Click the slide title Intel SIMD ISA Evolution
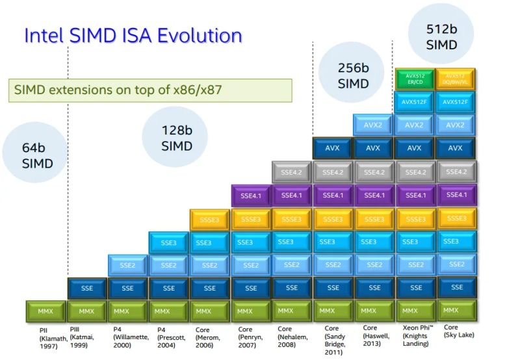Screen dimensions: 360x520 (133, 35)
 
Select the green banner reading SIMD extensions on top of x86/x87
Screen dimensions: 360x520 (150, 89)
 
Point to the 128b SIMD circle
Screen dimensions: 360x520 (177, 138)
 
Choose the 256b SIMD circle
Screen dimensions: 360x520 (353, 75)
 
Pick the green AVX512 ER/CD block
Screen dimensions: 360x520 (414, 79)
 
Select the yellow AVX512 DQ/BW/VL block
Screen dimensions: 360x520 (455, 79)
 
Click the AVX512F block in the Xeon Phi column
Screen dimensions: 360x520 (414, 102)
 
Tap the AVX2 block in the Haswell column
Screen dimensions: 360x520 (373, 125)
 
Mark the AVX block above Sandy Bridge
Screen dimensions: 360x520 (332, 148)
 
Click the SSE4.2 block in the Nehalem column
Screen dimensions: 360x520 (291, 172)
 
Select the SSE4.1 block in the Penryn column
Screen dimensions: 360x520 (250, 195)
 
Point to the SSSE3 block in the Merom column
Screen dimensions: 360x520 (209, 219)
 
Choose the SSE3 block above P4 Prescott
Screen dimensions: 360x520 (168, 242)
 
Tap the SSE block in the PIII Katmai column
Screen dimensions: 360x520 (87, 288)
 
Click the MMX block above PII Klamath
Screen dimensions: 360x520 (45, 311)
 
